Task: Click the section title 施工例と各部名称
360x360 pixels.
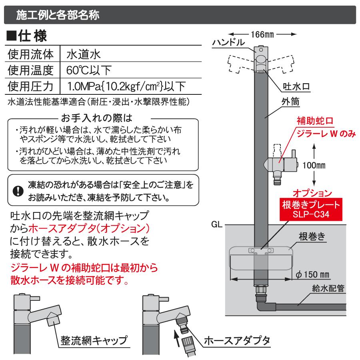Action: (58, 16)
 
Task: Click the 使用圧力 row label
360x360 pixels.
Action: (31, 86)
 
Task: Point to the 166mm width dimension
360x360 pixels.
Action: (261, 34)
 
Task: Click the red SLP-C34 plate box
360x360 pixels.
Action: (310, 210)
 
